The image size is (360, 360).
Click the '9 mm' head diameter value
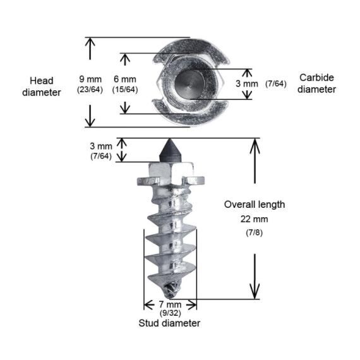coord(90,79)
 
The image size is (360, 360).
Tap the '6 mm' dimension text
coord(125,79)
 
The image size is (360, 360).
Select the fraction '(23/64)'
coord(90,90)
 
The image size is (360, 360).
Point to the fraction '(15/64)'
coord(125,90)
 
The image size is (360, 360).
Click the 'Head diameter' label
coord(42,87)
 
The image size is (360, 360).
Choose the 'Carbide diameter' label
coord(316,83)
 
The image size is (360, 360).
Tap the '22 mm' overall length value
coord(254,219)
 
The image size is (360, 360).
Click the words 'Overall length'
coord(255,205)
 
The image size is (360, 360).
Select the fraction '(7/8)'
coord(254,232)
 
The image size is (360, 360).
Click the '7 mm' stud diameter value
coord(170,304)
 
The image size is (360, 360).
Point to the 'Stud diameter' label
coord(169,323)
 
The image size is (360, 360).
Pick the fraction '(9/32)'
coord(170,313)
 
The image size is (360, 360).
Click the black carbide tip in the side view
coord(169,151)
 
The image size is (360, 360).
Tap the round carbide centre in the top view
coord(189,83)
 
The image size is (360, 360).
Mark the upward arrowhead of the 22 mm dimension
coord(255,147)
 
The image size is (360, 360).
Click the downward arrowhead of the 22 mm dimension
coord(255,291)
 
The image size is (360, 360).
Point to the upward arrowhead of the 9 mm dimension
coord(90,43)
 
